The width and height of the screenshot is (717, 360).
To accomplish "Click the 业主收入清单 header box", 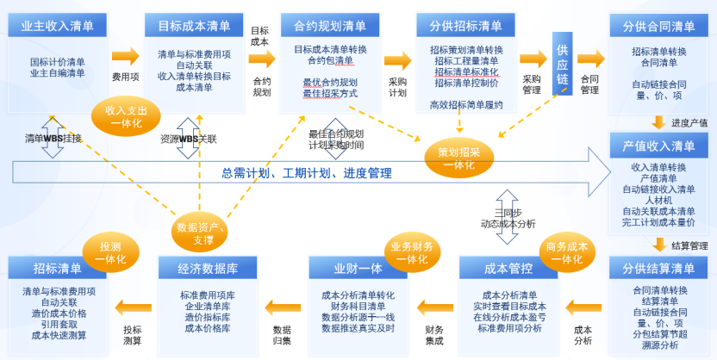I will coord(57,25).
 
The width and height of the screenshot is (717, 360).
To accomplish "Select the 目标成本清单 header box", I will coord(194,25).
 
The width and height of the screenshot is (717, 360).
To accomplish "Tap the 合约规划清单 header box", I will coord(330,25).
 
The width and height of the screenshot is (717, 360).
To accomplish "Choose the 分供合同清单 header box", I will coord(658,25).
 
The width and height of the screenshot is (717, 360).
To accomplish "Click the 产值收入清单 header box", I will coord(658,146).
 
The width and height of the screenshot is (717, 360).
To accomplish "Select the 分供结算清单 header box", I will coord(658,269).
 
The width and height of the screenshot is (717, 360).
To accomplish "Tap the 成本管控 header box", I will coord(508,269).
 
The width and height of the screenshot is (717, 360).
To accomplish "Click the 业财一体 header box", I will coord(358,269).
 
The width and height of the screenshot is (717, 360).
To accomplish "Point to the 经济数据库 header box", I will coord(208,269).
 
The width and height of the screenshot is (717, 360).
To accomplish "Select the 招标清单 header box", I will coord(59,269).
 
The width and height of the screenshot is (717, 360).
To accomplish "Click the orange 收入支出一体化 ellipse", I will coord(126,117).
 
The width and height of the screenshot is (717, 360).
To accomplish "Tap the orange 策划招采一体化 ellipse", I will coord(458,158).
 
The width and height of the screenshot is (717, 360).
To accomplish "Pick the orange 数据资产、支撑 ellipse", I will coord(200,233).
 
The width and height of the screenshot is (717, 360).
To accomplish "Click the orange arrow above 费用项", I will coord(125,57).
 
